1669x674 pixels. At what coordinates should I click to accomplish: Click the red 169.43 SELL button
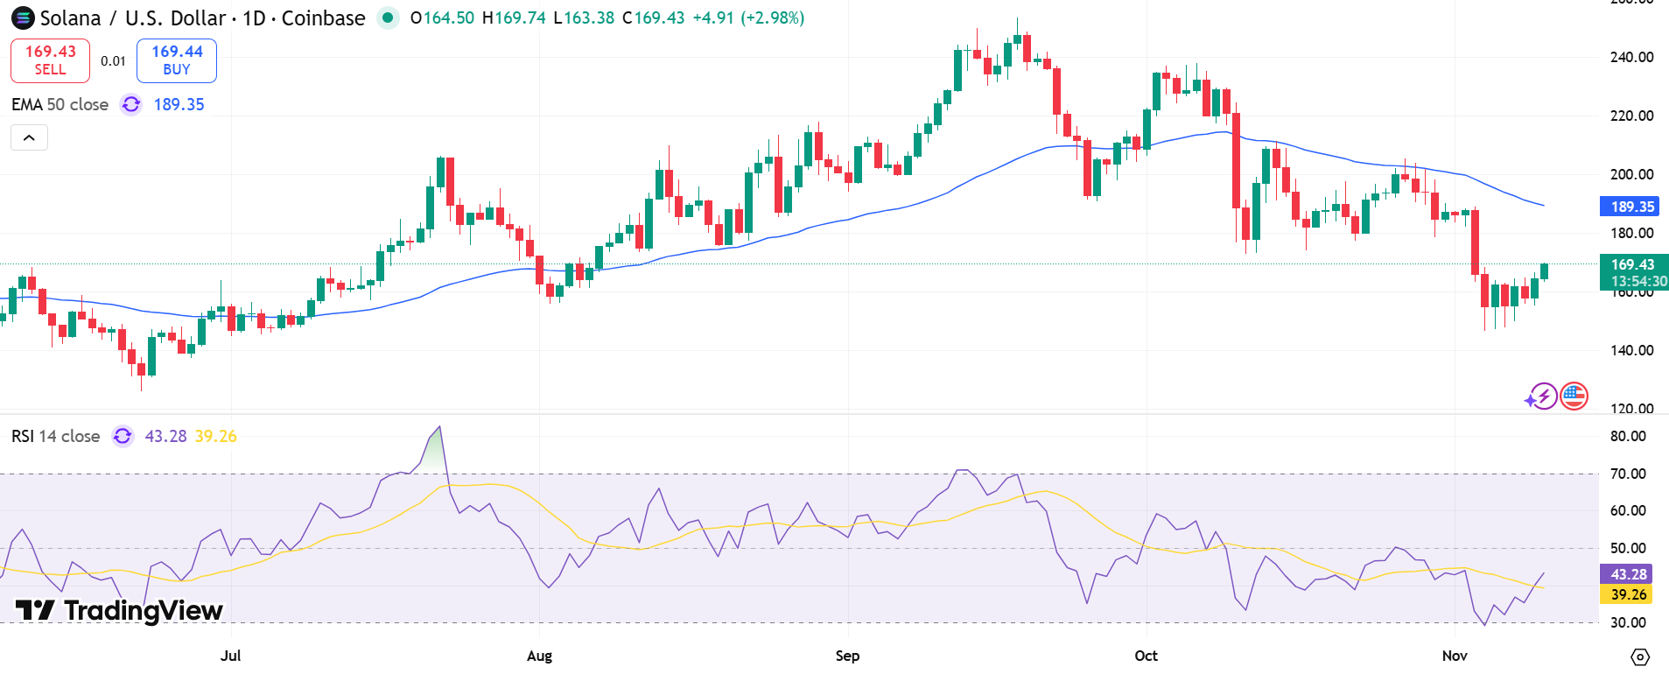click(x=50, y=60)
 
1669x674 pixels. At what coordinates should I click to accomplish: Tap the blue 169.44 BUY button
click(x=177, y=60)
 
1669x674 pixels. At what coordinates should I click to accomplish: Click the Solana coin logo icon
click(x=23, y=18)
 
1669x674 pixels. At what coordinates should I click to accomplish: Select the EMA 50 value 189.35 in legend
click(x=179, y=104)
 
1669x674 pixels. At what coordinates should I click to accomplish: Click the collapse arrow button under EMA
click(x=29, y=137)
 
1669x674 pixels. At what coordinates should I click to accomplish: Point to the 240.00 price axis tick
click(x=1631, y=57)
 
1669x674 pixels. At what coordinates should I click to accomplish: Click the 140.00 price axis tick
click(x=1631, y=350)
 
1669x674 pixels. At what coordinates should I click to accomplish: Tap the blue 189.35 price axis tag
click(x=1632, y=207)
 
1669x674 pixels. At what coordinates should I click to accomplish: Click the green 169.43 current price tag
click(x=1633, y=265)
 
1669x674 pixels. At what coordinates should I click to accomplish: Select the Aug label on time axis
click(x=539, y=656)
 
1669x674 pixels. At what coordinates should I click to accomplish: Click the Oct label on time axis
click(x=1146, y=656)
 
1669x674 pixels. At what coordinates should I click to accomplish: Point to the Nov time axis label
click(x=1455, y=656)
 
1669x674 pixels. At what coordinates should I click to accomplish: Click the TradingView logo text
click(x=120, y=610)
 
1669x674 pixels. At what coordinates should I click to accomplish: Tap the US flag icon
click(x=1574, y=397)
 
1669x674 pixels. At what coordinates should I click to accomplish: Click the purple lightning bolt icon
click(x=1541, y=397)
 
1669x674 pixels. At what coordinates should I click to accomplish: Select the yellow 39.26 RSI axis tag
click(x=1628, y=594)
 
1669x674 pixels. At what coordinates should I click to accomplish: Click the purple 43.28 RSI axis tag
click(x=1628, y=574)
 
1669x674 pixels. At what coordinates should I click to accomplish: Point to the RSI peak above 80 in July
click(x=439, y=429)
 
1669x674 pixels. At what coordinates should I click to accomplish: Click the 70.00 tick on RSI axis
click(x=1628, y=474)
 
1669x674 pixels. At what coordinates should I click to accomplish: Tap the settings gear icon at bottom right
click(x=1640, y=656)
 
